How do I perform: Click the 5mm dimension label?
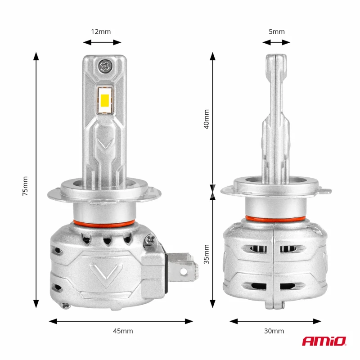(276, 31)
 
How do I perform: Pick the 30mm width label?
(274, 331)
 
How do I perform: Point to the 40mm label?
(207, 119)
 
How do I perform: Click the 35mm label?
(207, 254)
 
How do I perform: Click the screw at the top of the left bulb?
(105, 66)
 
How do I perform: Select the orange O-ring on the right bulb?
(275, 219)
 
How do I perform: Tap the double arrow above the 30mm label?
(275, 321)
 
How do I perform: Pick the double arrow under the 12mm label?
(103, 42)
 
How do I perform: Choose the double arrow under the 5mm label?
(276, 42)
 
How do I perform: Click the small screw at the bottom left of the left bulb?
(66, 306)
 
